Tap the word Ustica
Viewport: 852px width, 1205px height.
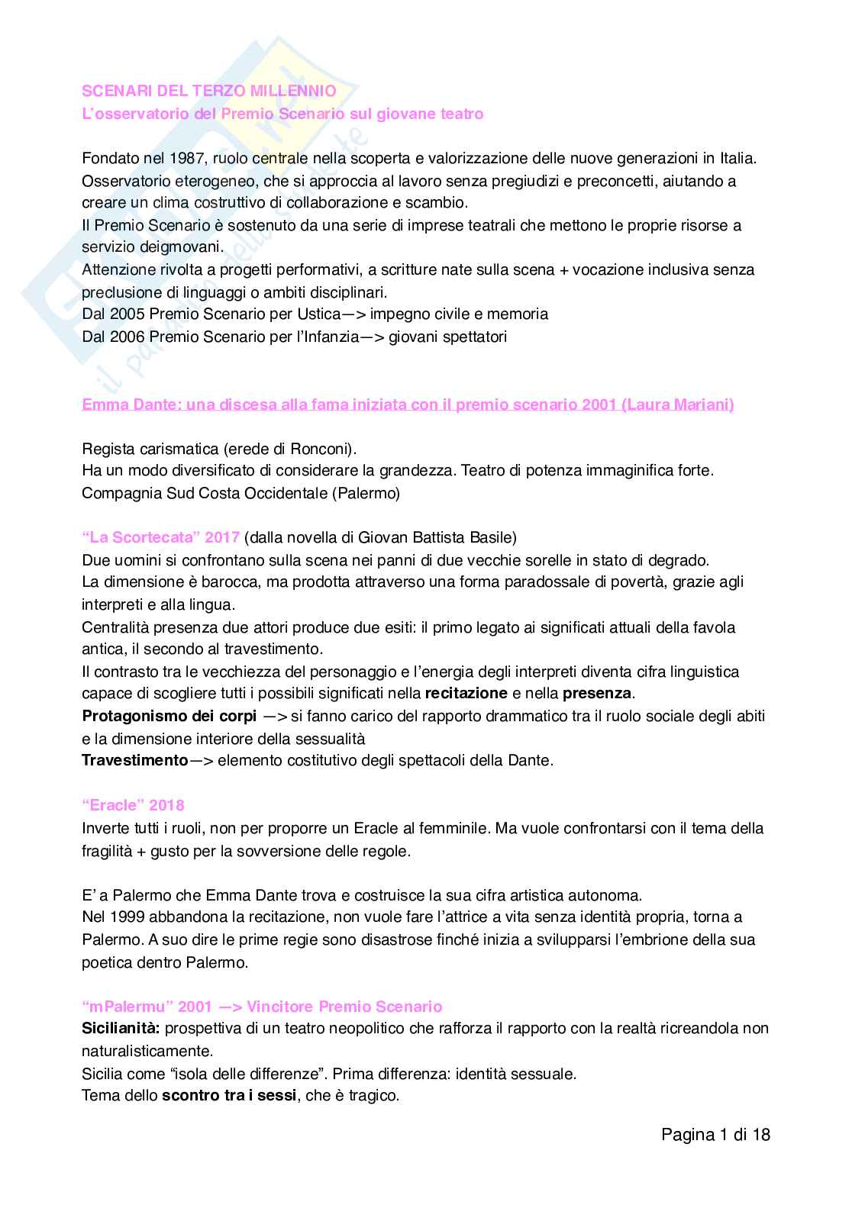tap(318, 314)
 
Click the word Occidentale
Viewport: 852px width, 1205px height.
tap(280, 493)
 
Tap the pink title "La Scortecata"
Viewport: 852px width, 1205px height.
tap(140, 537)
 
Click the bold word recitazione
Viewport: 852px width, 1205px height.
tap(466, 693)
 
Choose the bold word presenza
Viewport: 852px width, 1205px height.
tap(597, 693)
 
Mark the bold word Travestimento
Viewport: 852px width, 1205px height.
tap(134, 760)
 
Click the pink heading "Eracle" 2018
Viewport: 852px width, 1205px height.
tap(133, 805)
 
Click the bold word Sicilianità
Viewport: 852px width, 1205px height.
tap(121, 1028)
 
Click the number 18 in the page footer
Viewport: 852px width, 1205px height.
tap(761, 1135)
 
